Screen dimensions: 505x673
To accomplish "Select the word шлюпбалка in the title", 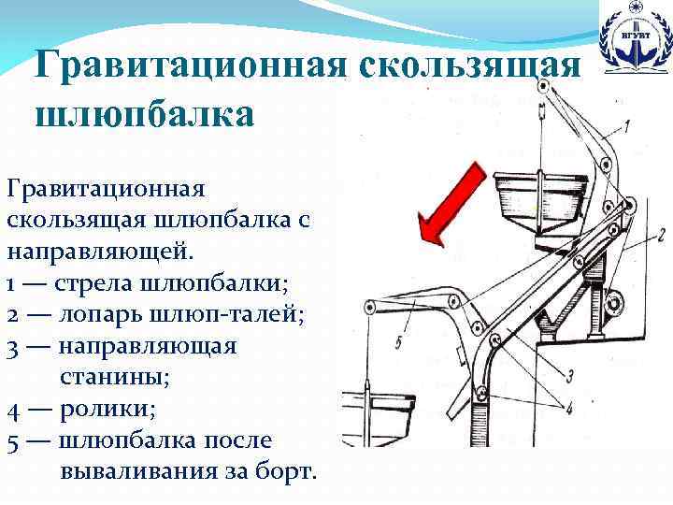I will [143, 114].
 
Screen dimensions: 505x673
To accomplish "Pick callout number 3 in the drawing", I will [568, 374].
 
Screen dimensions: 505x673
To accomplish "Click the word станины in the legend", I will [110, 378].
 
